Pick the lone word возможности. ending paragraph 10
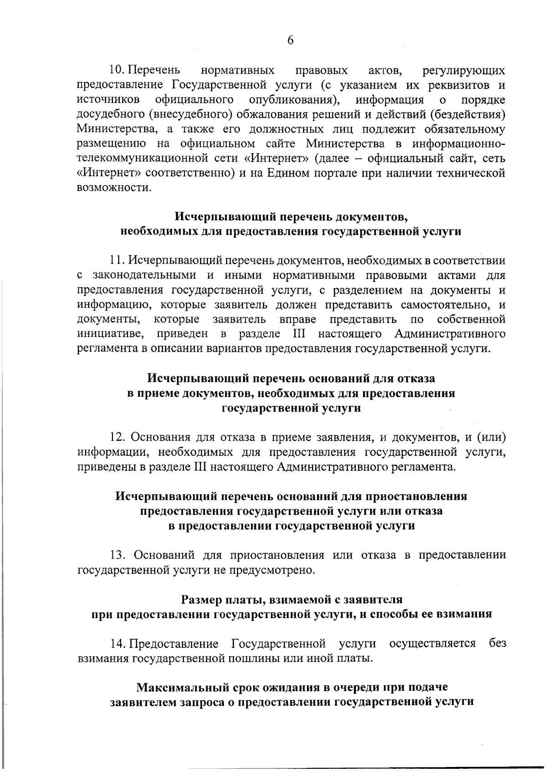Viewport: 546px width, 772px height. [114, 188]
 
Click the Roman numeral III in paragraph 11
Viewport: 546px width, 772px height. [298, 334]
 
